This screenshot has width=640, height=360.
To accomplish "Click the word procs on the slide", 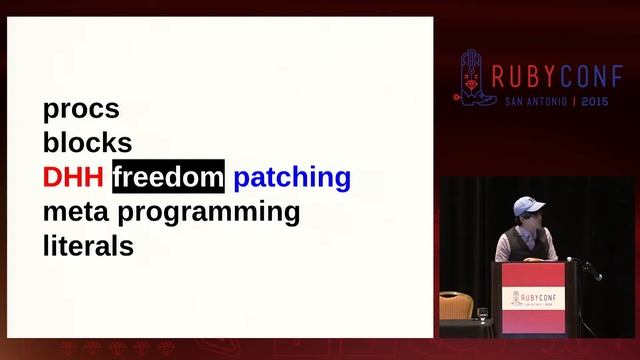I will [81, 109].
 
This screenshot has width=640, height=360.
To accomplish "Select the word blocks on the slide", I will [87, 143].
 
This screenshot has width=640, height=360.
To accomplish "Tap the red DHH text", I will [72, 178].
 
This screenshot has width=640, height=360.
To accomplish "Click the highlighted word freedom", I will [168, 178].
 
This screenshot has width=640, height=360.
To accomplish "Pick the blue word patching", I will [292, 178].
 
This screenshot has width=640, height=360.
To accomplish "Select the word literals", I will [88, 246].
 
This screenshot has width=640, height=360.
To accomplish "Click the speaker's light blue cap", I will [527, 204].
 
